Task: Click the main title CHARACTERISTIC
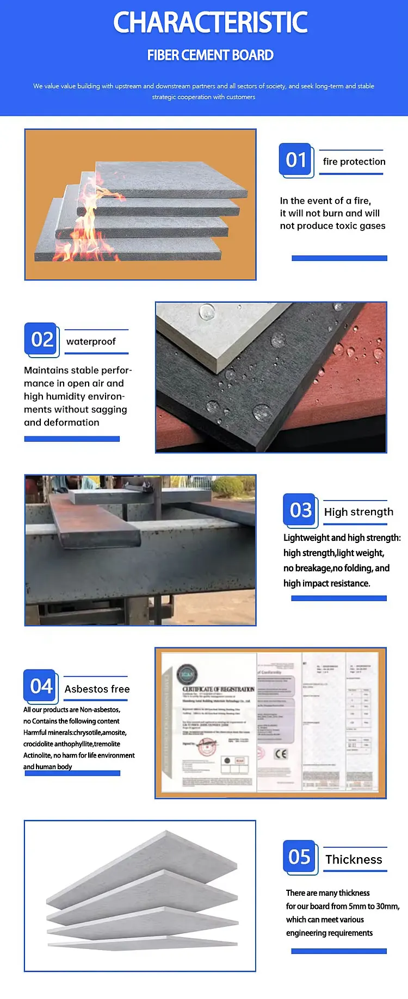click(x=210, y=23)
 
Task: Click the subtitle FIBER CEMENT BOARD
click(x=210, y=55)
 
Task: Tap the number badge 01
click(x=296, y=160)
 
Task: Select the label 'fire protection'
click(x=354, y=162)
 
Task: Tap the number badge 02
click(x=42, y=340)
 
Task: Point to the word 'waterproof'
click(x=91, y=341)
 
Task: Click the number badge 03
click(x=300, y=510)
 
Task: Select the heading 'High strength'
click(x=358, y=512)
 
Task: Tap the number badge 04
click(x=41, y=686)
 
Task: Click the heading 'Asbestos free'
click(x=97, y=689)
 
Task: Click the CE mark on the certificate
click(x=281, y=754)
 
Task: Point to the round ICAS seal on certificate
click(x=187, y=674)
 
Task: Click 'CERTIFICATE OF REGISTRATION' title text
click(x=218, y=689)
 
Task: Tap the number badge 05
click(x=299, y=857)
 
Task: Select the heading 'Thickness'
click(x=354, y=860)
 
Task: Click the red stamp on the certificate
click(x=207, y=748)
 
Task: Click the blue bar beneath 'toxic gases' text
click(x=339, y=258)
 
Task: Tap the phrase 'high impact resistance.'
click(x=326, y=583)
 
